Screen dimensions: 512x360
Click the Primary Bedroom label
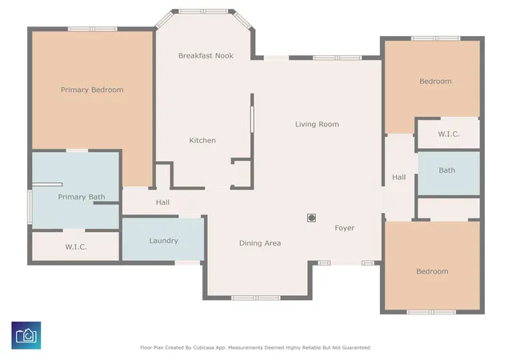tap(92, 90)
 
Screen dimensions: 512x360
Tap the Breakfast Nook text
tap(206, 56)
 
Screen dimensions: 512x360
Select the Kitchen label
tap(202, 141)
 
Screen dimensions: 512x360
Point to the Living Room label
tap(317, 124)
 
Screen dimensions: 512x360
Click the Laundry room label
tap(163, 241)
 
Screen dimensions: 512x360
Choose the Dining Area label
tap(260, 243)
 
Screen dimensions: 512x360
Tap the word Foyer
tap(345, 228)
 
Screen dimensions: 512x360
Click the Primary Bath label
tap(82, 197)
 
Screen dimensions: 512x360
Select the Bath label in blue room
tap(446, 170)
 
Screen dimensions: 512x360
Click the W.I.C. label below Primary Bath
tap(76, 247)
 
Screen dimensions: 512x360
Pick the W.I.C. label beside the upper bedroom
tap(449, 134)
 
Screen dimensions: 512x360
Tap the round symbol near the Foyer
tap(311, 218)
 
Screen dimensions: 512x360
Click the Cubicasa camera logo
tap(26, 335)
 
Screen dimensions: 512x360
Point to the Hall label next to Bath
tap(399, 178)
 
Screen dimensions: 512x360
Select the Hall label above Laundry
tap(162, 202)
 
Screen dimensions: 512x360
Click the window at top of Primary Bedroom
tap(93, 29)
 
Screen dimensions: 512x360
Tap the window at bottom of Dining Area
tap(256, 298)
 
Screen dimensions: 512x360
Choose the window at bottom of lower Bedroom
tap(431, 312)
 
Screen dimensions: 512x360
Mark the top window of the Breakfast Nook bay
tap(202, 11)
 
